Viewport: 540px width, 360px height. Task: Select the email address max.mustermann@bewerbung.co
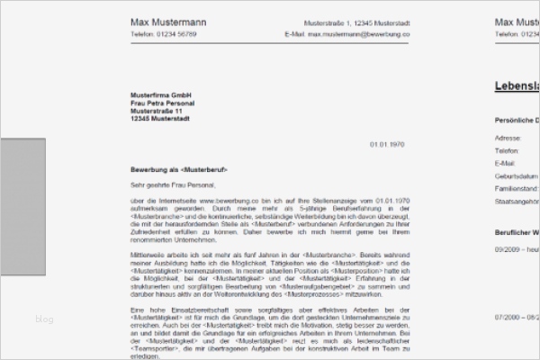358,34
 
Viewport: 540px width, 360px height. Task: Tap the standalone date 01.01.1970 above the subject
388,145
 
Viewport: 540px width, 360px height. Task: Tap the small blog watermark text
44,318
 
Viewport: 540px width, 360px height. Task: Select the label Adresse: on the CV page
508,138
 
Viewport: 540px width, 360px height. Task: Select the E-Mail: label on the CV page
507,165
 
